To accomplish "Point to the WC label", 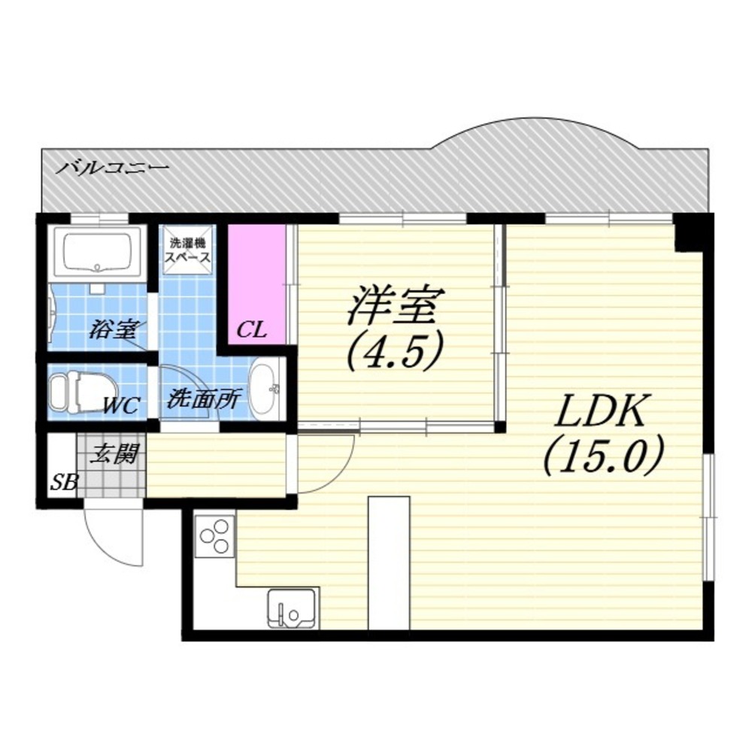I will point(120,407).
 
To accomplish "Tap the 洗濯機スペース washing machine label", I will point(188,249).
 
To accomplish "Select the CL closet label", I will point(251,330).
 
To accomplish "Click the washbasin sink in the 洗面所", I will point(264,389).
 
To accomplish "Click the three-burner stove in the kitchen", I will point(214,535).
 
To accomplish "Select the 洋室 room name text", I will point(396,305).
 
